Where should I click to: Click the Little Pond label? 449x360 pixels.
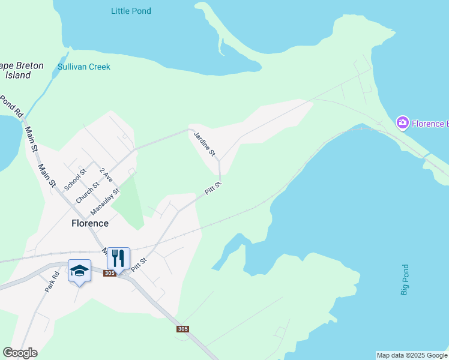pos(131,11)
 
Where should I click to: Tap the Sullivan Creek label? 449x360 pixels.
pos(84,67)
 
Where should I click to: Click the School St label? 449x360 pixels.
pos(76,179)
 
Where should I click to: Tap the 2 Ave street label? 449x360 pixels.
pos(106,175)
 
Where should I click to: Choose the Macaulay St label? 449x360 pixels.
pos(105,202)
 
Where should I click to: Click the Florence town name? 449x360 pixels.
pos(90,223)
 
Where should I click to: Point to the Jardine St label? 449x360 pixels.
pos(204,145)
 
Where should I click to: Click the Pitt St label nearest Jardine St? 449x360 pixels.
pos(213,188)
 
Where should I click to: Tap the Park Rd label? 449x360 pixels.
pos(52,282)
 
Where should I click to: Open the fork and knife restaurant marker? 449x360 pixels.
pos(118,259)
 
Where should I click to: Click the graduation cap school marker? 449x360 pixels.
pos(79,271)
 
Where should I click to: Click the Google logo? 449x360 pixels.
pos(20,353)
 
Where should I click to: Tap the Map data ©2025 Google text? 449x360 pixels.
pos(412,355)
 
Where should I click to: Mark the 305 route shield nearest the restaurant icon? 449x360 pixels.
pos(109,274)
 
